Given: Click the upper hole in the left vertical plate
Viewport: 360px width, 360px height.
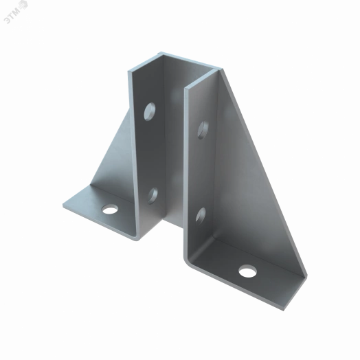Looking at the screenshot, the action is (x=150, y=112).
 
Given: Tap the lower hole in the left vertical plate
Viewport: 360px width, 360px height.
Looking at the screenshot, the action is (x=153, y=196).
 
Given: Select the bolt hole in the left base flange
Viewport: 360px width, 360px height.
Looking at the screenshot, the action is (x=110, y=209).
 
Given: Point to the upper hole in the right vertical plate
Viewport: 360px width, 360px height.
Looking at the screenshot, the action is (x=203, y=130).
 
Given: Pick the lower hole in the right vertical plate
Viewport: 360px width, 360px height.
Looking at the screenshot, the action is (x=201, y=216).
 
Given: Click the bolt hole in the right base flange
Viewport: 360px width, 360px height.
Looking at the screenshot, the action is (x=248, y=271).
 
